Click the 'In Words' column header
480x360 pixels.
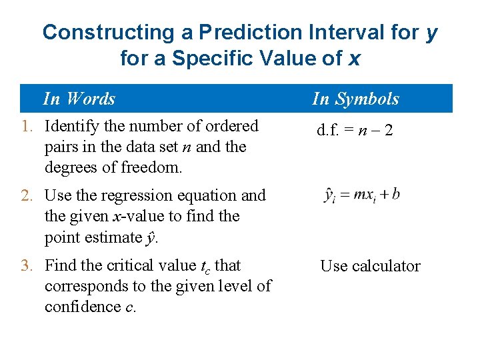pos(79,99)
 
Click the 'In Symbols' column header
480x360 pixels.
pos(355,99)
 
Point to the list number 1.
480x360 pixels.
pos(27,126)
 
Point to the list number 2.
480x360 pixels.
pos(27,195)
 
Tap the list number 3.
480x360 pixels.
pos(27,265)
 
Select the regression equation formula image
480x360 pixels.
pos(361,196)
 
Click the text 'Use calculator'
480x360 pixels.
pos(370,266)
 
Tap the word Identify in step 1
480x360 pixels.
pos(73,126)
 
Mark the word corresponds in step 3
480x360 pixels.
pos(84,286)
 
